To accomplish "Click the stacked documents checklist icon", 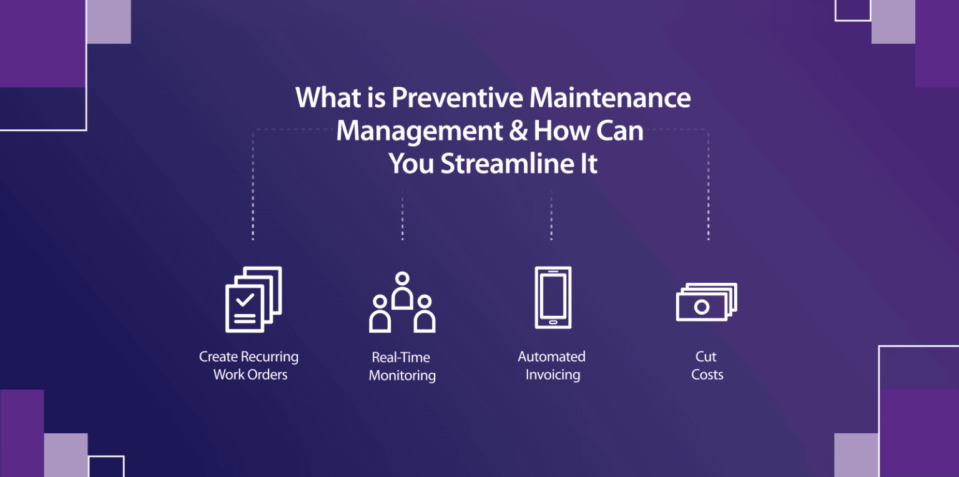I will (x=252, y=300).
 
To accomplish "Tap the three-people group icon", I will (x=402, y=302).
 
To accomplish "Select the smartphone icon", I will (x=553, y=297).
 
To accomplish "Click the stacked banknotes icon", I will (x=706, y=302).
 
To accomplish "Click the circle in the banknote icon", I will (x=702, y=307).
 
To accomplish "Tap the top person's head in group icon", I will (x=403, y=278).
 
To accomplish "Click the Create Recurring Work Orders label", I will (x=249, y=365).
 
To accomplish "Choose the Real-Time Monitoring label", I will (x=401, y=366).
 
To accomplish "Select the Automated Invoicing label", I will (x=552, y=365).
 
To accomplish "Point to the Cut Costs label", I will (x=707, y=365).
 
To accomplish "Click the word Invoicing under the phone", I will (x=553, y=375).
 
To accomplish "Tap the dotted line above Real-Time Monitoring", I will (x=402, y=215).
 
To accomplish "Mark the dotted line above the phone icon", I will (x=551, y=215).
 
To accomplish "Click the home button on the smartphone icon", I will (x=553, y=322).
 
